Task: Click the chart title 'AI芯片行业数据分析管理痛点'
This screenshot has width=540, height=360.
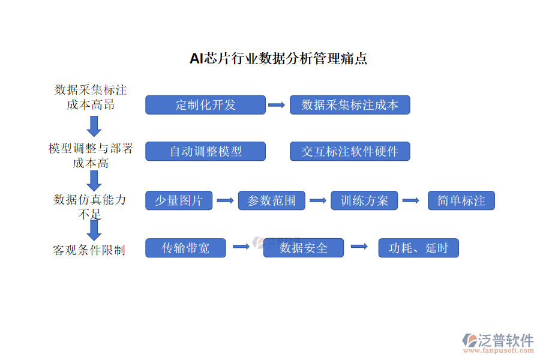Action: coord(278,59)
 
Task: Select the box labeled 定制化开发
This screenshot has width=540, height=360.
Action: coord(205,105)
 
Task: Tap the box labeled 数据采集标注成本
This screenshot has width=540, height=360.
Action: coord(350,105)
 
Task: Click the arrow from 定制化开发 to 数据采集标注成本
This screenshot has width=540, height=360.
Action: coord(277,105)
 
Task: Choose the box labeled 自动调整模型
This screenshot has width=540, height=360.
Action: coord(205,151)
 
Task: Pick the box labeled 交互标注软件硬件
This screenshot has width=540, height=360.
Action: coord(350,151)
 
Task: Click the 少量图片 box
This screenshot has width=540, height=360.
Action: coord(179,200)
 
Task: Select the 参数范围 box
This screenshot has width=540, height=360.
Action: coord(271,200)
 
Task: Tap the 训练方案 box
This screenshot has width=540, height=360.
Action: coord(364,200)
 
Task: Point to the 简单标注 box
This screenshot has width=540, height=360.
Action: coord(461,200)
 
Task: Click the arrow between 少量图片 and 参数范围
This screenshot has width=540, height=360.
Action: coord(225,200)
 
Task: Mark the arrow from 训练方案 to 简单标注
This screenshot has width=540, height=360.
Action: coord(410,200)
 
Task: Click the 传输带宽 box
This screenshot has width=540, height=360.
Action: coord(185,248)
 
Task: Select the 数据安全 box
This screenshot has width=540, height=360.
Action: coord(304,248)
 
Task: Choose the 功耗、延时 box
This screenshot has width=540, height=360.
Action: coord(418,248)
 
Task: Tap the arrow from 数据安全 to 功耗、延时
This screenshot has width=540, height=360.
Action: coord(359,246)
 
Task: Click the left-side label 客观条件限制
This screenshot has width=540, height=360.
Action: coord(89,250)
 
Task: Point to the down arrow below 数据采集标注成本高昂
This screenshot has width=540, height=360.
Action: coord(94,126)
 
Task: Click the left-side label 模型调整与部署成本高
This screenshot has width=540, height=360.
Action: coord(91,155)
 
